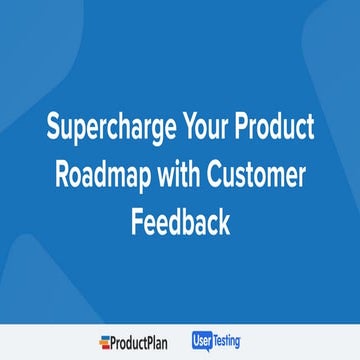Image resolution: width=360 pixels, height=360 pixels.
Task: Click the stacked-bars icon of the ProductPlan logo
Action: pos(105,342)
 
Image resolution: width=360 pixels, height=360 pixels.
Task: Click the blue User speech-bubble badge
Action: pos(208,340)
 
